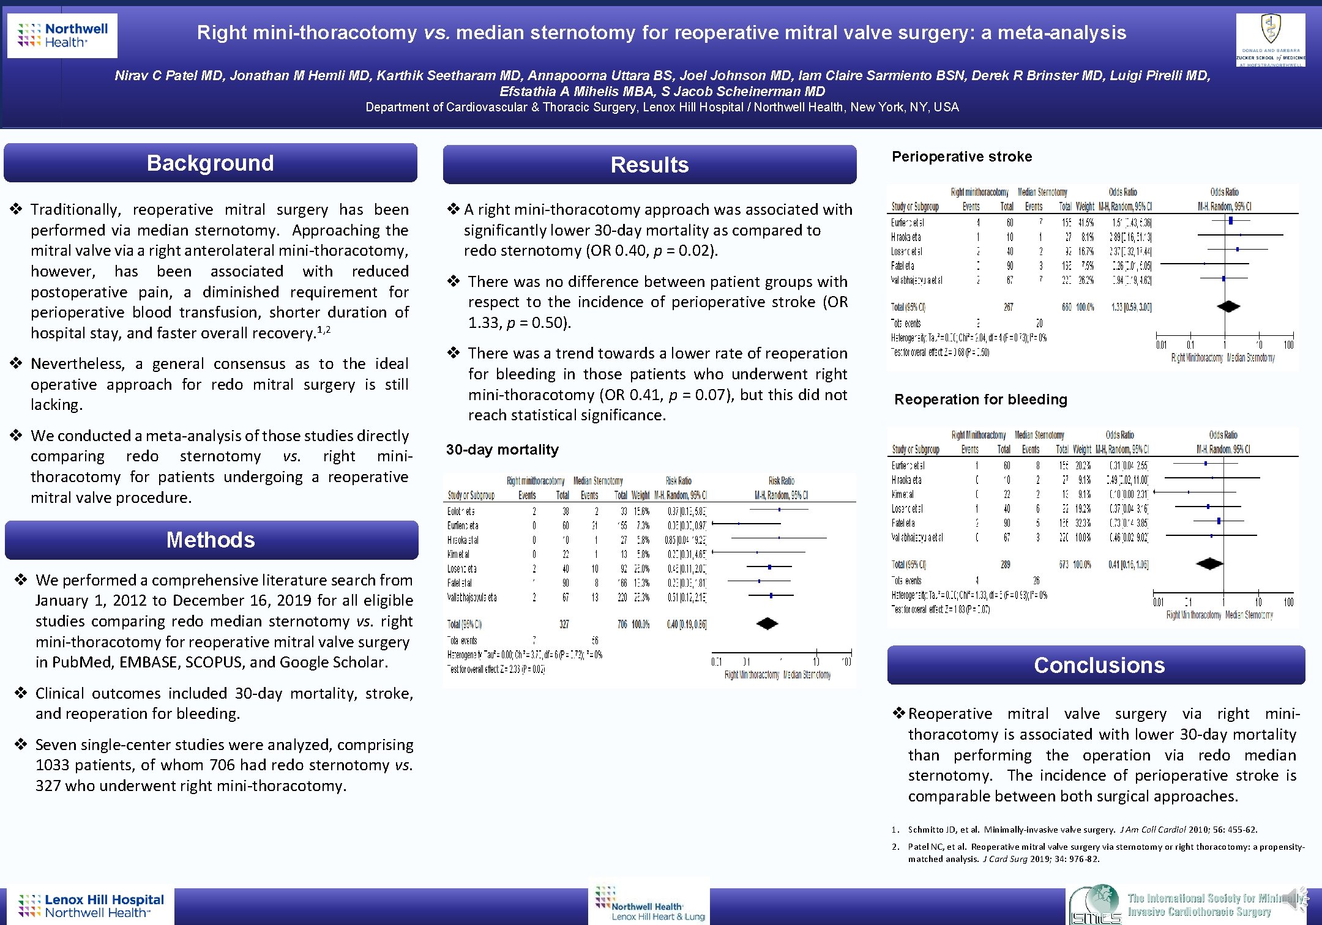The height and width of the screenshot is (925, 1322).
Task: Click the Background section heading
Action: (x=210, y=163)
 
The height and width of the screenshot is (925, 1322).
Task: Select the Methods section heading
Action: (x=210, y=540)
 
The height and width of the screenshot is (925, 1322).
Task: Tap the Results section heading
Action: (x=649, y=165)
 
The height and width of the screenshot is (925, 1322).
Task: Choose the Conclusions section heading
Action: (x=1099, y=665)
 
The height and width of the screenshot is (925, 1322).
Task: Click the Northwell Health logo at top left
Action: (x=62, y=35)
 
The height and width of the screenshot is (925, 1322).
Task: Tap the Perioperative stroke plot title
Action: (x=962, y=157)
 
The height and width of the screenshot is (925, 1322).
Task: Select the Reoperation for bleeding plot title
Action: (x=980, y=399)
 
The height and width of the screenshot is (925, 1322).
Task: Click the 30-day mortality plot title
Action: (x=502, y=450)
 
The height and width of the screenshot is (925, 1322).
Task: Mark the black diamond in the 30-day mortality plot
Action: (x=767, y=623)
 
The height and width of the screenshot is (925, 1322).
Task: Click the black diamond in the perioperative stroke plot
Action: (x=1228, y=306)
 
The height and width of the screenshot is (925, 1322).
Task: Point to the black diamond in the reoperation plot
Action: (x=1209, y=563)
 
